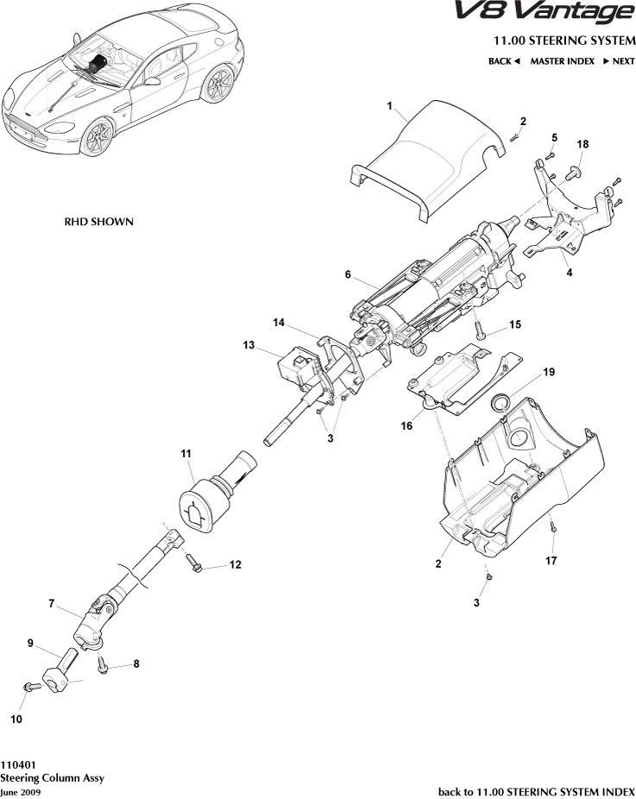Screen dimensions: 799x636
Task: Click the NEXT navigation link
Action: [618, 61]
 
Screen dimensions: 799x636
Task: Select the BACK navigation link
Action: [503, 61]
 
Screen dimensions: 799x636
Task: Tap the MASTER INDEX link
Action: [562, 61]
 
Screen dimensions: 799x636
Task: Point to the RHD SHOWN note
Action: [99, 222]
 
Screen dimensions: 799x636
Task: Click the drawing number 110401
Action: [18, 764]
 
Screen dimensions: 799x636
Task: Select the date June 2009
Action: [20, 791]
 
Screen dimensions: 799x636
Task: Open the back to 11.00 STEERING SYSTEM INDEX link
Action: [537, 791]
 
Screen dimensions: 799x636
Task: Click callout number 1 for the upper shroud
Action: [390, 107]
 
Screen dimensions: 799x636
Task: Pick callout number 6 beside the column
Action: [348, 274]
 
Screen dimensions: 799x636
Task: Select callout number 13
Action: [249, 345]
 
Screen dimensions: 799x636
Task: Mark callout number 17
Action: [551, 560]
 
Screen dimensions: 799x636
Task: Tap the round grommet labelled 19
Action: [500, 402]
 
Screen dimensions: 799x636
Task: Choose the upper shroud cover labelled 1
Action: [423, 160]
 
